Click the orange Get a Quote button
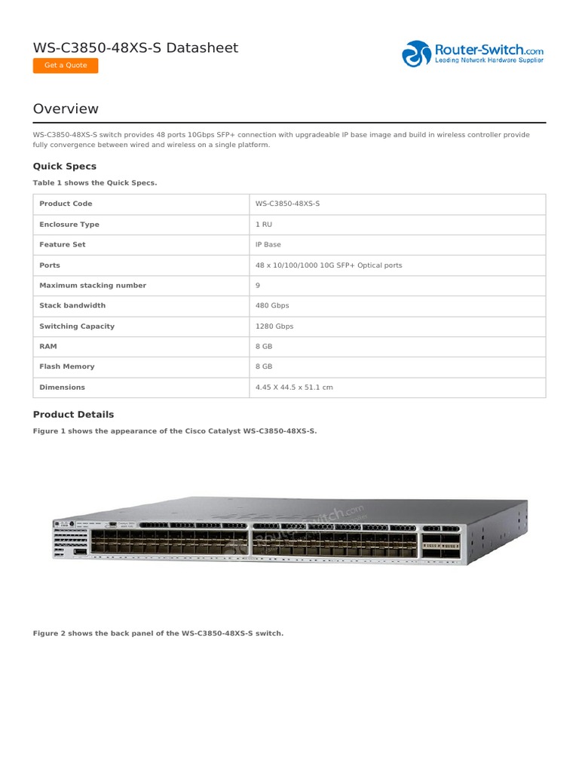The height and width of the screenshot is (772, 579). click(x=66, y=66)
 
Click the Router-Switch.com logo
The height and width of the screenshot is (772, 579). click(x=473, y=54)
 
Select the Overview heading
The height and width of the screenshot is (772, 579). click(x=66, y=109)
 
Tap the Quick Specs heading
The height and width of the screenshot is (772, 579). click(x=65, y=166)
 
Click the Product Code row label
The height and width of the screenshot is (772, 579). click(x=66, y=204)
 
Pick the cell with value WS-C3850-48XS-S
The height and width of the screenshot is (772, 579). click(x=287, y=204)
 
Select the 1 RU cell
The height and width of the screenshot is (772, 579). click(x=263, y=225)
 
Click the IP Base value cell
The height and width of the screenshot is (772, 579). click(x=268, y=245)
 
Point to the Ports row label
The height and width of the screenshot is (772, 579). click(x=50, y=265)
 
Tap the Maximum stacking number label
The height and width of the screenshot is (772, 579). click(x=93, y=286)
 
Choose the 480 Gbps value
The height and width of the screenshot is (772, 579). click(x=272, y=306)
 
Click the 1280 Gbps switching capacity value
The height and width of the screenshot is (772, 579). click(x=274, y=326)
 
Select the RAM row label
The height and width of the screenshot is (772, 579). click(x=48, y=346)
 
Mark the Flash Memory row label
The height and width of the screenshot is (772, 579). click(x=67, y=366)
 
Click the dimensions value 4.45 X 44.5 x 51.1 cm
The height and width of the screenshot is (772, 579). click(x=294, y=388)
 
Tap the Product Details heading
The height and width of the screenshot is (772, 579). click(x=74, y=414)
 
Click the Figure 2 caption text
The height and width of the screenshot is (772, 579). click(x=158, y=633)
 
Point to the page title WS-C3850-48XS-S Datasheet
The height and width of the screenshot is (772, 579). click(x=136, y=47)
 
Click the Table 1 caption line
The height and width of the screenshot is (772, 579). click(x=95, y=182)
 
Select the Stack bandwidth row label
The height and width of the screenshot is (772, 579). click(x=72, y=306)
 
